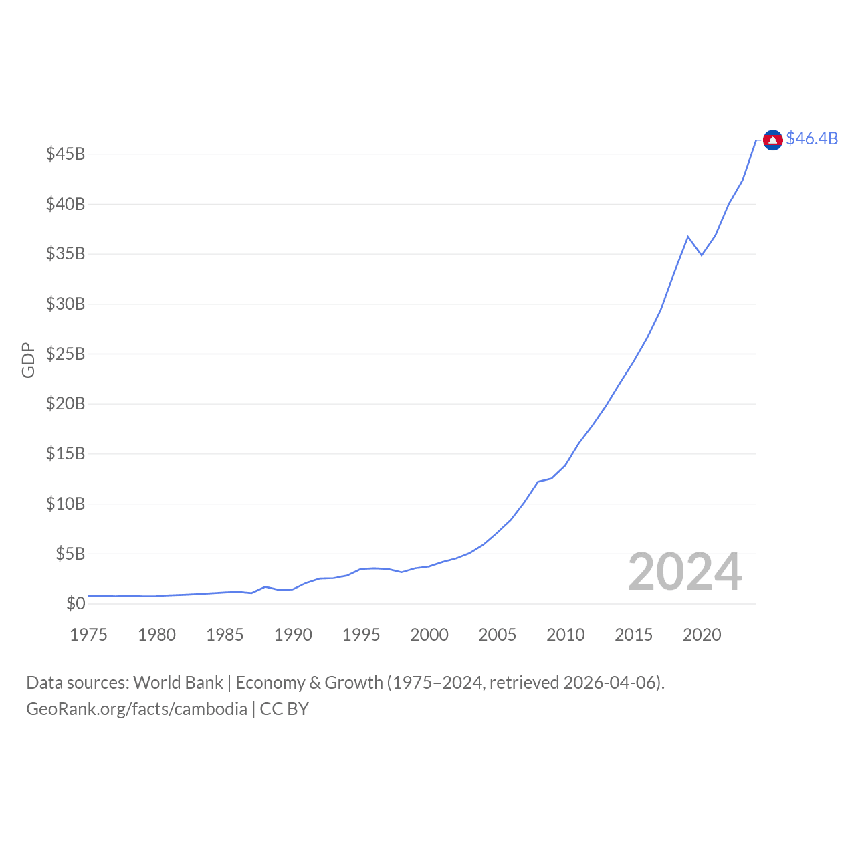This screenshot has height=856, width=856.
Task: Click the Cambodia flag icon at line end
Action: pos(772,140)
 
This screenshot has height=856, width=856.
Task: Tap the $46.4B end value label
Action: pos(812,138)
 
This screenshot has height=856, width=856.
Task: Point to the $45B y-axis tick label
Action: pos(66,154)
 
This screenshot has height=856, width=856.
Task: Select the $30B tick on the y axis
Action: pos(66,304)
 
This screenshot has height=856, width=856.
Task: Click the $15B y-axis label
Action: pos(66,453)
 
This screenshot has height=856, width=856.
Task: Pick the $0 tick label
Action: pos(76,603)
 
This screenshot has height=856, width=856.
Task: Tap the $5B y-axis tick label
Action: pos(70,554)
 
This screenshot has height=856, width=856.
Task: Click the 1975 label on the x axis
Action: pos(88,635)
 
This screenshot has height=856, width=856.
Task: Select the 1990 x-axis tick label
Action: pos(293,635)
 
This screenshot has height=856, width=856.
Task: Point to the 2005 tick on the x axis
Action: pos(497,635)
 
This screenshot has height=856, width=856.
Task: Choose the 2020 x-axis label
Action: pos(702,635)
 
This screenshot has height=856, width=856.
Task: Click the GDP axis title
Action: pos(28,360)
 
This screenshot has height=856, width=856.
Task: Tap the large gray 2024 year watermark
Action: pos(685,572)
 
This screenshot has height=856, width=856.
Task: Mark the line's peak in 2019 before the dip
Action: pos(687,237)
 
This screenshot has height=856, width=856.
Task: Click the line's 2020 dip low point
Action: pos(702,255)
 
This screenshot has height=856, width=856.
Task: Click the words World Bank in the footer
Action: pos(178,683)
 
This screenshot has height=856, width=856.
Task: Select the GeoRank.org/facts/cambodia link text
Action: pos(136,709)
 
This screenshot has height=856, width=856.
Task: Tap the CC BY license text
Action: pos(284,709)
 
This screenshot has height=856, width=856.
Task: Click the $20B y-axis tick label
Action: pos(66,403)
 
